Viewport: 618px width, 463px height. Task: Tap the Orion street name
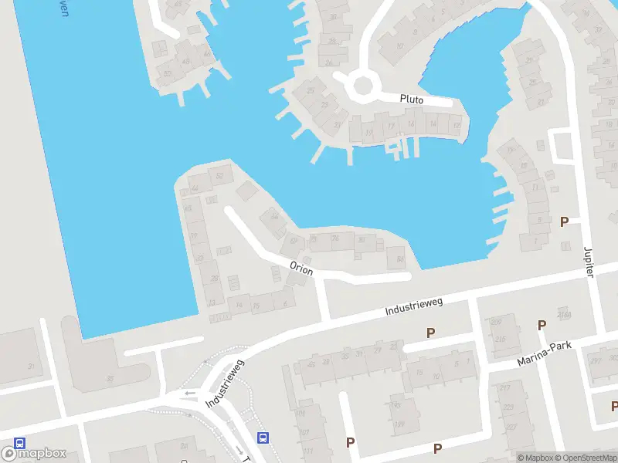point(301,269)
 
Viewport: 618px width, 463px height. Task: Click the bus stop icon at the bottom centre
point(263,438)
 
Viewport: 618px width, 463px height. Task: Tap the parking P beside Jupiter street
point(564,221)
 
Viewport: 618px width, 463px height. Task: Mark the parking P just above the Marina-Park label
point(542,325)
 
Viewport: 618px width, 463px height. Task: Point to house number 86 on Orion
point(399,259)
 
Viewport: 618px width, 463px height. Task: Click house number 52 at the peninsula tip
point(219,176)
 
